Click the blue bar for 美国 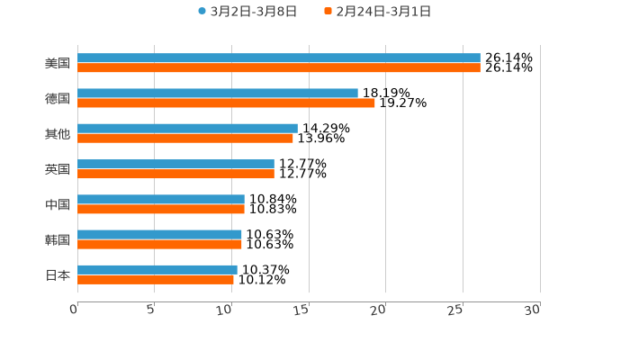[279, 58]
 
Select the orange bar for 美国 [279, 68]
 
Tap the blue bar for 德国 [218, 94]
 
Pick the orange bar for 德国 [226, 103]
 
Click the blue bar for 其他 [187, 129]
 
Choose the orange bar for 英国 [175, 174]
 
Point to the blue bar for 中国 [161, 199]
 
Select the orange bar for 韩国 [159, 244]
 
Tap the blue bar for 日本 [157, 269]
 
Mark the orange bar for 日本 [156, 279]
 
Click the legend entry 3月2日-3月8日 [247, 12]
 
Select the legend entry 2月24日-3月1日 [378, 12]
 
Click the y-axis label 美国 [58, 63]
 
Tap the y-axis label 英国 [58, 169]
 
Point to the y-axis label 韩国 [58, 239]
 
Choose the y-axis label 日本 [58, 274]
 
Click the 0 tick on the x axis [75, 309]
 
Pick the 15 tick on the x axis [301, 310]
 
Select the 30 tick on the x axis [533, 309]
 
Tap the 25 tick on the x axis [455, 310]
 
